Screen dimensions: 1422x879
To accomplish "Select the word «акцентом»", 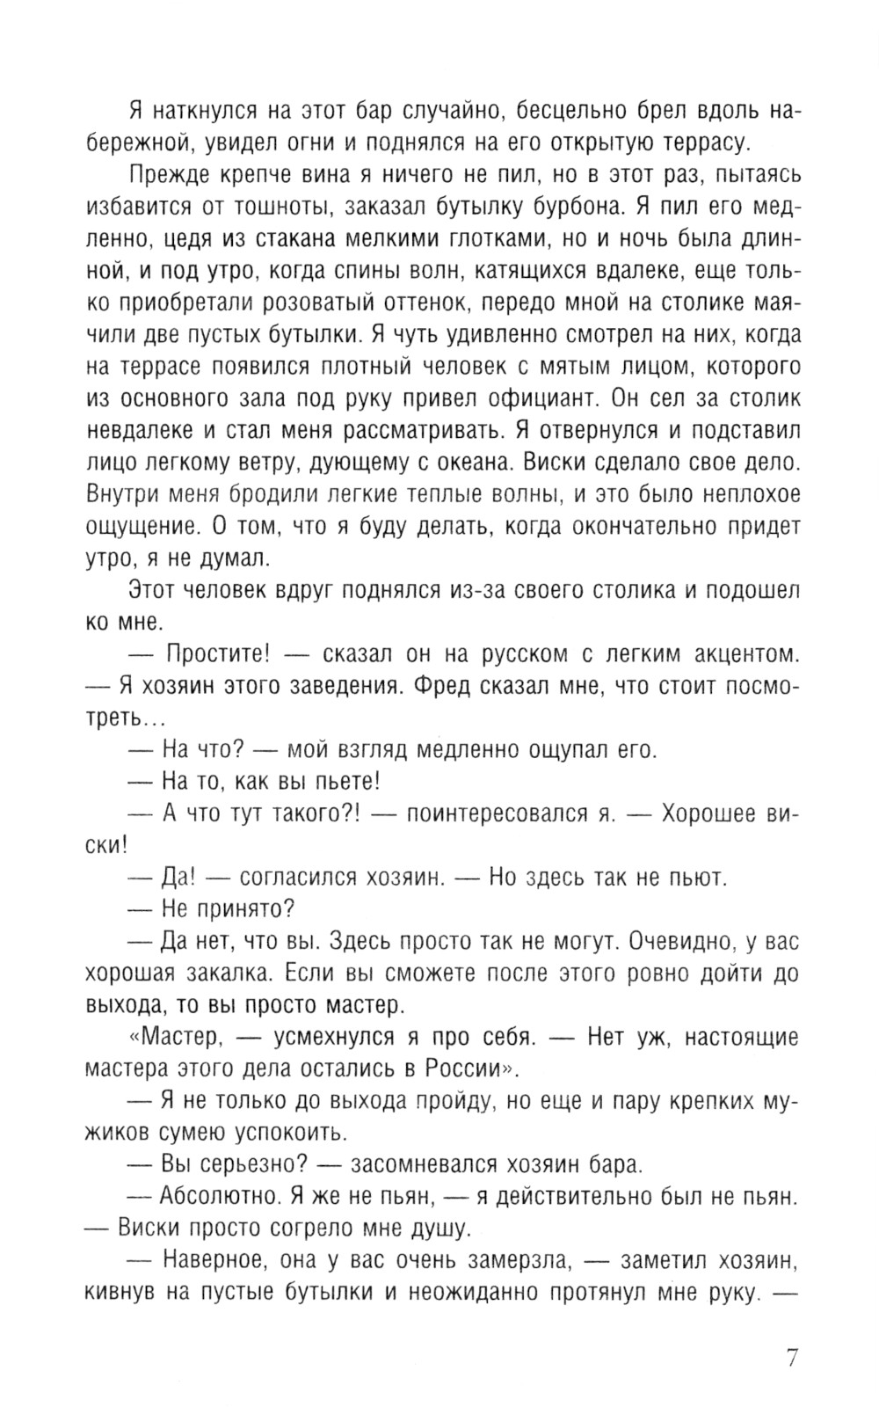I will [737, 653].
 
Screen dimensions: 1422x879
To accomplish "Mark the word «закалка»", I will [219, 973].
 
